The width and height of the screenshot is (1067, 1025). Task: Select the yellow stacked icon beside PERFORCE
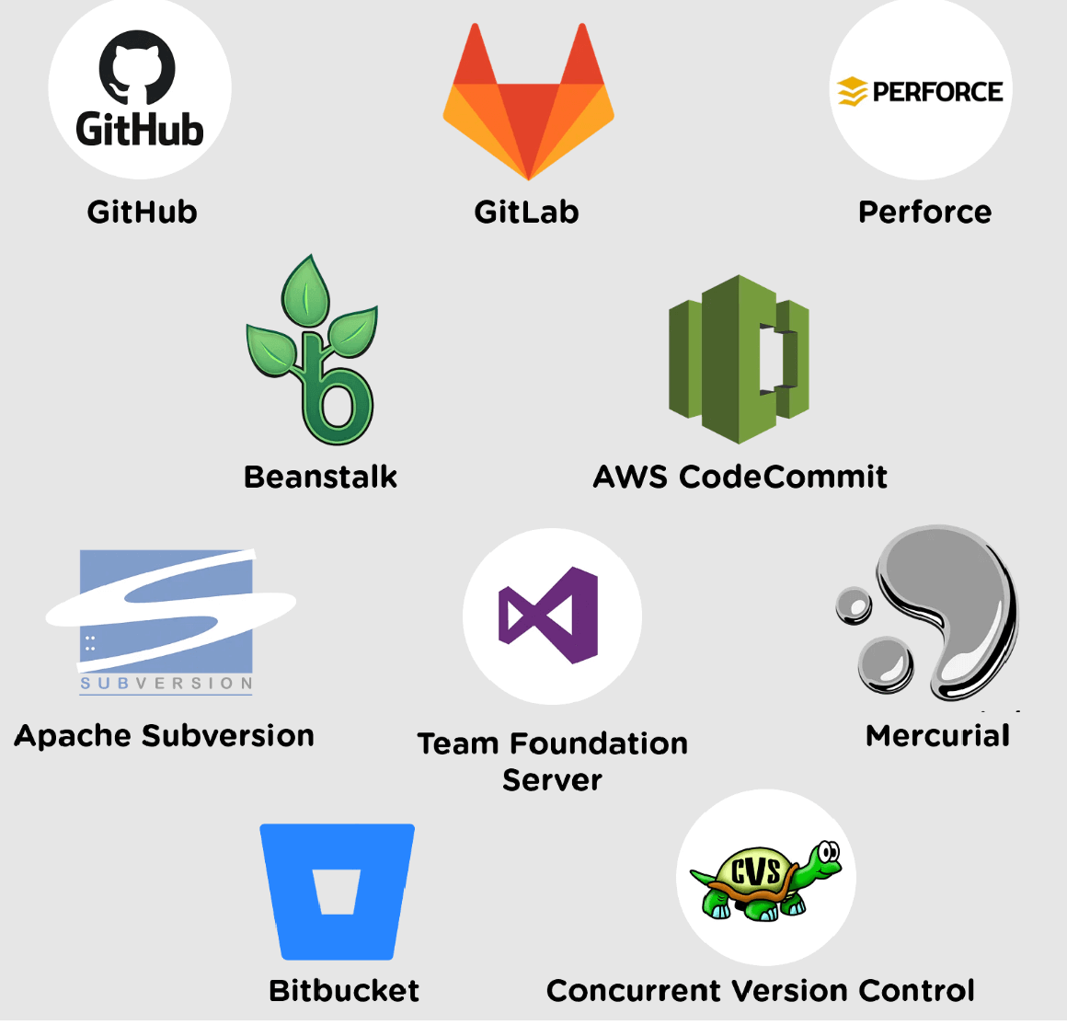[852, 91]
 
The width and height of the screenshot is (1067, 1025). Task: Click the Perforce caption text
[924, 213]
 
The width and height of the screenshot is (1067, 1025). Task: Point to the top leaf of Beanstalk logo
[306, 289]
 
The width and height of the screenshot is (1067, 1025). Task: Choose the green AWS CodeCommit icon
[738, 359]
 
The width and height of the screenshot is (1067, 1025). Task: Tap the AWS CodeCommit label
[740, 477]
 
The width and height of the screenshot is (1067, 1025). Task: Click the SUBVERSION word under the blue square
[166, 684]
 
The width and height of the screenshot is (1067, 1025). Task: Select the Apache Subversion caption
[165, 736]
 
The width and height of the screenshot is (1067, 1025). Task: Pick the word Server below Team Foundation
[552, 780]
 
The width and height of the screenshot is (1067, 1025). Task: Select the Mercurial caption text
[937, 736]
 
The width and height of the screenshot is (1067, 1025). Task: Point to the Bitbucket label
[344, 991]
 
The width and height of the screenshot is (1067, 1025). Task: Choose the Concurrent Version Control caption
[760, 991]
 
